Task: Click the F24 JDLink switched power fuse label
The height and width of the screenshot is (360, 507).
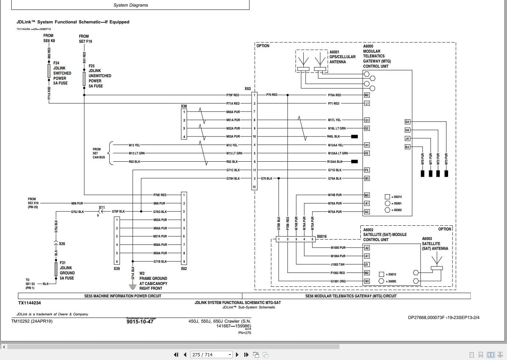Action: pyautogui.click(x=62, y=73)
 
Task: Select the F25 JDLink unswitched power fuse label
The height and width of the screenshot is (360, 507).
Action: pyautogui.click(x=99, y=76)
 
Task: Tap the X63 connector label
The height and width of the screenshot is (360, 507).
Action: pyautogui.click(x=248, y=89)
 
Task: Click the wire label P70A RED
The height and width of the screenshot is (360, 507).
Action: pyautogui.click(x=334, y=95)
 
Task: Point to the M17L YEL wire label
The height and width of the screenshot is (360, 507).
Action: pyautogui.click(x=334, y=120)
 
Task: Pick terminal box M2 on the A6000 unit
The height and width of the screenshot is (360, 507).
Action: pyautogui.click(x=367, y=95)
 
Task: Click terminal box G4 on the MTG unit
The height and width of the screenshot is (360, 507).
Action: pyautogui.click(x=407, y=122)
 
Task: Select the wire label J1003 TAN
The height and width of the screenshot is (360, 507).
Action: pyautogui.click(x=337, y=265)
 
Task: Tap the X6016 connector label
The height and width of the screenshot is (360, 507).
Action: pyautogui.click(x=322, y=237)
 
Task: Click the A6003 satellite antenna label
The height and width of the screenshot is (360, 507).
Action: pyautogui.click(x=435, y=244)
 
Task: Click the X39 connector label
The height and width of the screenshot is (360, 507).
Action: pyautogui.click(x=117, y=269)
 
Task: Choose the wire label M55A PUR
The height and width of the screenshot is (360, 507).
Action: pyautogui.click(x=160, y=220)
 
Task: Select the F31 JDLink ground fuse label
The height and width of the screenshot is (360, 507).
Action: pyautogui.click(x=67, y=270)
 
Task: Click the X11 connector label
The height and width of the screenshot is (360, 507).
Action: pyautogui.click(x=102, y=208)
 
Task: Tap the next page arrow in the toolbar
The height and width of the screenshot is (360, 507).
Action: pyautogui.click(x=237, y=355)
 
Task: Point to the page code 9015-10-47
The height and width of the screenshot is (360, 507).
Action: pyautogui.click(x=140, y=322)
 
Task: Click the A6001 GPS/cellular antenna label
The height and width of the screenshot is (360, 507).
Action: pyautogui.click(x=342, y=57)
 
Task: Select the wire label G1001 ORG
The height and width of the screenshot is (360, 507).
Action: pyautogui.click(x=338, y=281)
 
